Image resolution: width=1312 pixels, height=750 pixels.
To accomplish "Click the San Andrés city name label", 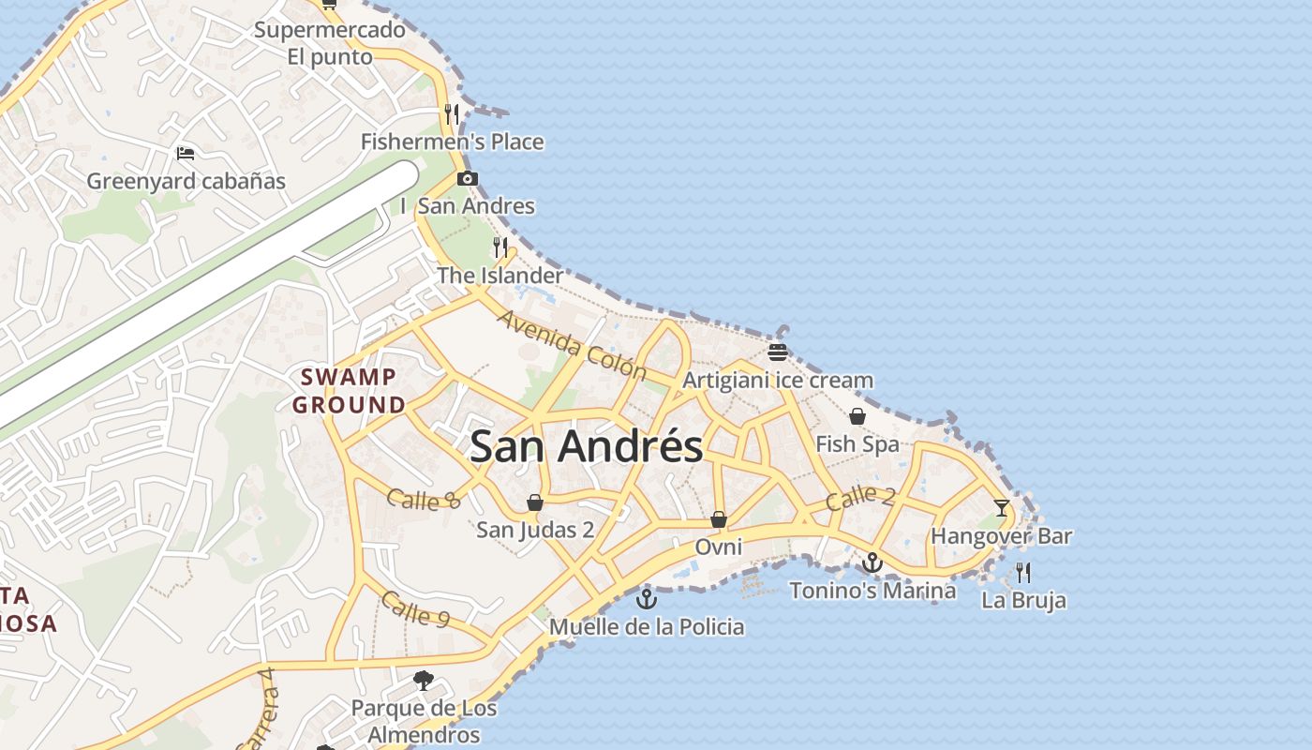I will [586, 447].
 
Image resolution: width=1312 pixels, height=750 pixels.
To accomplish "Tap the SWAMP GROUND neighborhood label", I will [349, 391].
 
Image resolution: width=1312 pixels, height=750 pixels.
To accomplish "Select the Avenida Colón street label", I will [572, 345].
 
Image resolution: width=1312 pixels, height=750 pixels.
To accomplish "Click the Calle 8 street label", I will [423, 500].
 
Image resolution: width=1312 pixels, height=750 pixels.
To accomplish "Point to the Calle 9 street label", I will [415, 609].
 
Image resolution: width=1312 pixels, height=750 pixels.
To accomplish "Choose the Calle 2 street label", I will [860, 498].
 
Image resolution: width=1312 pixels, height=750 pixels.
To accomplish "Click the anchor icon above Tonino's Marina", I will [872, 562].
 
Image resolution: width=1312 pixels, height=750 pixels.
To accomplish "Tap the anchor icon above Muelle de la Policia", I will [646, 599].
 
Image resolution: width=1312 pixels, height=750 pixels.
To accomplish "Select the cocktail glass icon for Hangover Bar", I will [1002, 508].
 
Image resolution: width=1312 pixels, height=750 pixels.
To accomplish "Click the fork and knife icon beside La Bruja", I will [1023, 572].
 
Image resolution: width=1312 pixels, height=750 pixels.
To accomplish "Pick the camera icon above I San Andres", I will [467, 178].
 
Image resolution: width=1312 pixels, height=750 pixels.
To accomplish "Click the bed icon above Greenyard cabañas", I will [186, 153].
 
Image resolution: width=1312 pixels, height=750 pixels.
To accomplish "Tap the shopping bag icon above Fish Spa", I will [857, 416].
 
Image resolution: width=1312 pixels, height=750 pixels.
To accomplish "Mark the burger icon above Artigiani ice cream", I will [777, 352].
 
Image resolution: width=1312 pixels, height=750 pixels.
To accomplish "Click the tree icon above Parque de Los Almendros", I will [424, 680].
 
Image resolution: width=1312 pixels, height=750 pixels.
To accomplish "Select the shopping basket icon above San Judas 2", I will [534, 503].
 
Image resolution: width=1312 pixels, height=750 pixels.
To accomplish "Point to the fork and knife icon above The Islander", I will [500, 247].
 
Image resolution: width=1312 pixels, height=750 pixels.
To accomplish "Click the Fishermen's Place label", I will [452, 142].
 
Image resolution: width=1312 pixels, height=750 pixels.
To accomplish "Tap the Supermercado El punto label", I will [330, 43].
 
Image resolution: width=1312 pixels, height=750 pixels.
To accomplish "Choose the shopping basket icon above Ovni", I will [719, 518].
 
